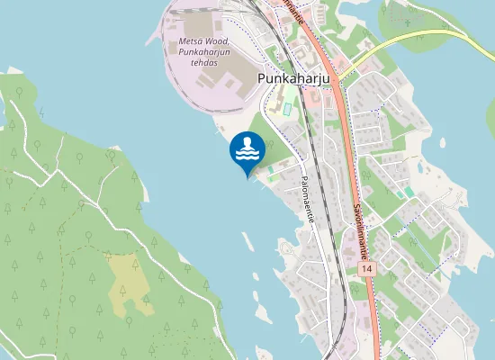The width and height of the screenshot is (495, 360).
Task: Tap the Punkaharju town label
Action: pyautogui.click(x=294, y=78)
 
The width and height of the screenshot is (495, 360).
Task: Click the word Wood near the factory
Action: pyautogui.click(x=217, y=41)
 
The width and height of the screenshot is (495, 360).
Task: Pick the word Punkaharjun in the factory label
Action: pyautogui.click(x=204, y=53)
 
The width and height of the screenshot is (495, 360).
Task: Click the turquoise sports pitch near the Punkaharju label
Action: pyautogui.click(x=286, y=109)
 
